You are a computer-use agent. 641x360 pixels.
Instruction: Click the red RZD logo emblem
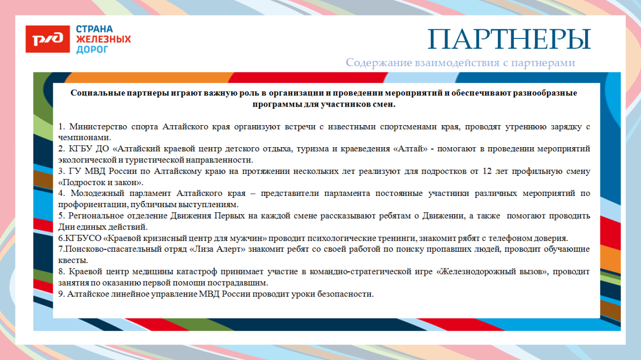pyautogui.click(x=48, y=39)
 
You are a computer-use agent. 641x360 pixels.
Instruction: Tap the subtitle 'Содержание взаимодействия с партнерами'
pyautogui.click(x=460, y=63)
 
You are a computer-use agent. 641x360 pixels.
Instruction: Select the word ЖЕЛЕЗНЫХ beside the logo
pyautogui.click(x=103, y=39)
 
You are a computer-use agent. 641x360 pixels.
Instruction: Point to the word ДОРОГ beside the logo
pyautogui.click(x=92, y=50)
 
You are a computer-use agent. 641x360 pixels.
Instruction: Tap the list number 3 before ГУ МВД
pyautogui.click(x=61, y=171)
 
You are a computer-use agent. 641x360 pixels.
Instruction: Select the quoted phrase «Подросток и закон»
pyautogui.click(x=101, y=182)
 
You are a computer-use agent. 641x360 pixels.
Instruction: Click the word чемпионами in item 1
pyautogui.click(x=84, y=137)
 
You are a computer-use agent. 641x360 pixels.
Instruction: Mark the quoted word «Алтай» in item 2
pyautogui.click(x=411, y=149)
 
